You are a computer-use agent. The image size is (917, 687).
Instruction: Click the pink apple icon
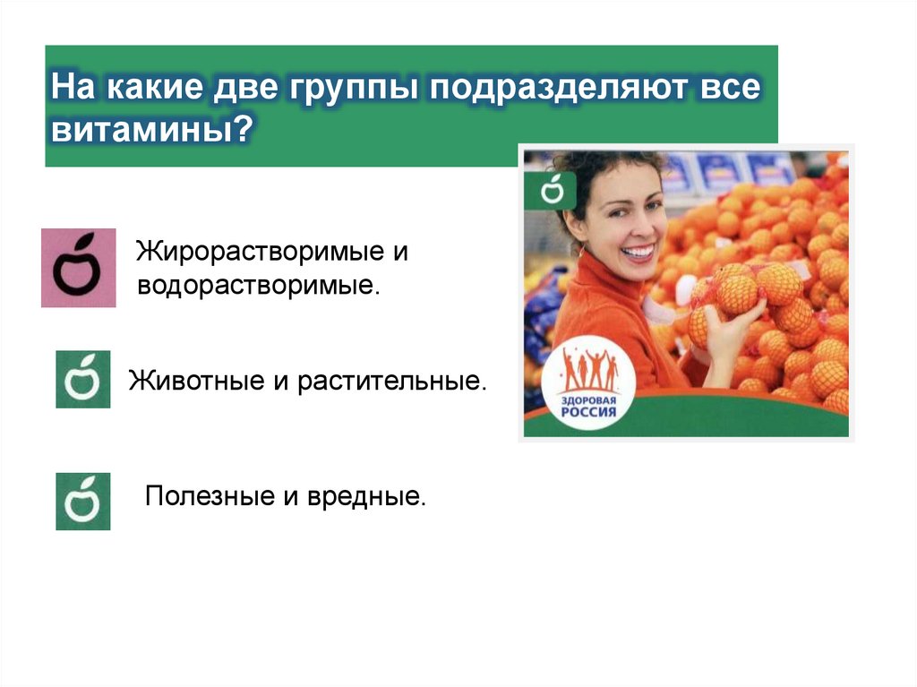(x=79, y=268)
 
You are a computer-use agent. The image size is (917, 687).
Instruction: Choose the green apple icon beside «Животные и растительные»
(x=83, y=379)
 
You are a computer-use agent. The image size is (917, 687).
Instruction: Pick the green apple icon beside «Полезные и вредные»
(x=83, y=501)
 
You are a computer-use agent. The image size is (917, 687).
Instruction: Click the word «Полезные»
(x=207, y=495)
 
